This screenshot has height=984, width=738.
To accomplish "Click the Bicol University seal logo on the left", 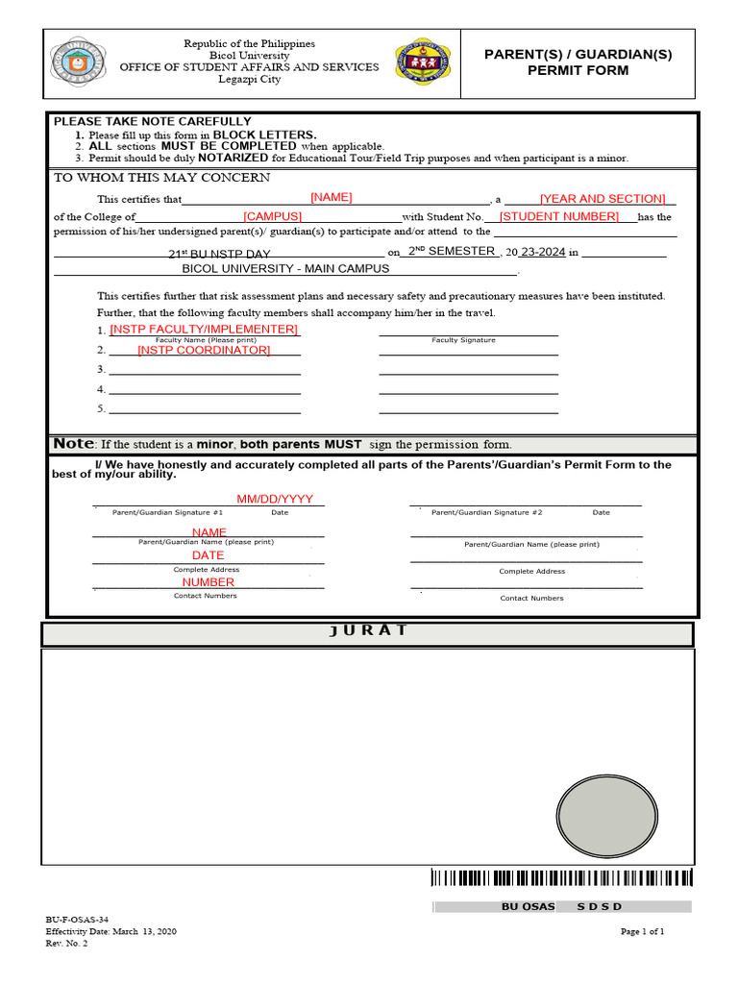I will coord(81,63).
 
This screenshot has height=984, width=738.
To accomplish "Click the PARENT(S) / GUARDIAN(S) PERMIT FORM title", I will coord(578,62).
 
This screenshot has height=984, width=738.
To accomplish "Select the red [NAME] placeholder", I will coord(332,197).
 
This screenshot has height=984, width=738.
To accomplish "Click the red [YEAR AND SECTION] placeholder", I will coord(603,199).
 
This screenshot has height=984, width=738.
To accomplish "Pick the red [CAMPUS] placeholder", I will coord(273,217).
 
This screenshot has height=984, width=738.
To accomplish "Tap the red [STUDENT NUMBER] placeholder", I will coord(559,217).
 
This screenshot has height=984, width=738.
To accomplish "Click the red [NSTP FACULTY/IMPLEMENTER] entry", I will coord(204,330).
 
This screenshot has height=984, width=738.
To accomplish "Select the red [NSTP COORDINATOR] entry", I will coord(204,350).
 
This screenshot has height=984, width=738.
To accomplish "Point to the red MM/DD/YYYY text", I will coord(275,500).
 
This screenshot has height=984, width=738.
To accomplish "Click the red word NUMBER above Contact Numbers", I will coord(209,582).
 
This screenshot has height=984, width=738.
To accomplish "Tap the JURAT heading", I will coord(367,631).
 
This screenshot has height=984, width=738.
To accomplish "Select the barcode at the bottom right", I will coord(561,877).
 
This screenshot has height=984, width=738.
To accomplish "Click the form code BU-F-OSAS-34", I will coord(70,920).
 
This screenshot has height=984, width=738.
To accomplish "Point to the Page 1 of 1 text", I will coord(642,931).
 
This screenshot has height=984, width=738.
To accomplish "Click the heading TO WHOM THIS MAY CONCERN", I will coord(161,178).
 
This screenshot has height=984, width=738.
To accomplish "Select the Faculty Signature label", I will coord(463,340).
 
